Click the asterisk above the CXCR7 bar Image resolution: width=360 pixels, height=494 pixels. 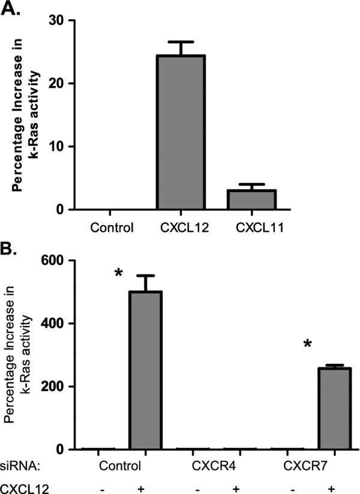point(308,345)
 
